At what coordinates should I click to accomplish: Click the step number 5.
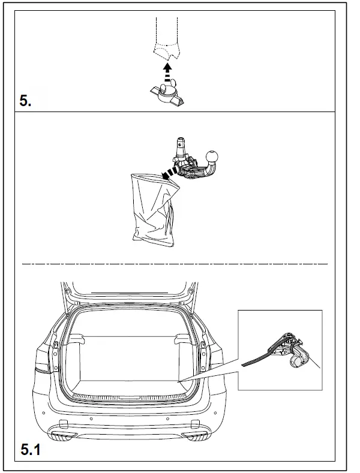pos(26,100)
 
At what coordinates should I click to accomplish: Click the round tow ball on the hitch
pos(214,158)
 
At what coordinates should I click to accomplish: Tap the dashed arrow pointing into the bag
pos(171,172)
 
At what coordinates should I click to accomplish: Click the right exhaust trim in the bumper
pos(194,433)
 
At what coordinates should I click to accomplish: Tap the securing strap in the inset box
pos(257,358)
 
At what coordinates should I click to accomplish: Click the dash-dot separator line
pos(174,264)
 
